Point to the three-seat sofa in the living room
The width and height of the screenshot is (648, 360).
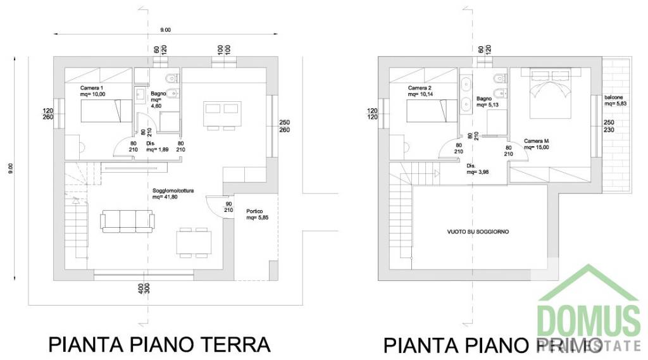pos(127,221)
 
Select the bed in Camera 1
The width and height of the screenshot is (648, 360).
pos(99,113)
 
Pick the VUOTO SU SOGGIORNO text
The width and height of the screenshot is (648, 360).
pos(478,232)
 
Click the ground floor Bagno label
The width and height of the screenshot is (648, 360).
pos(158,97)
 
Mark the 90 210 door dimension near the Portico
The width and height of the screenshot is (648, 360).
pos(228,207)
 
